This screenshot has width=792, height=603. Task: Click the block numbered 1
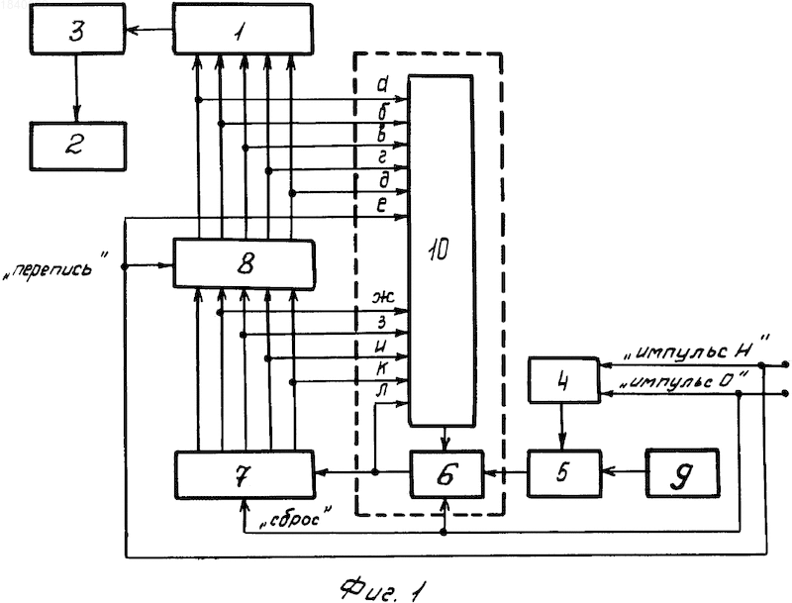click(x=243, y=29)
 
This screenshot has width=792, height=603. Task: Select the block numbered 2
click(x=77, y=147)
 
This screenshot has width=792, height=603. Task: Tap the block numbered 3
click(x=77, y=29)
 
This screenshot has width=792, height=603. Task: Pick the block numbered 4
click(x=563, y=380)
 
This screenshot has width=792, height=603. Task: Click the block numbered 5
click(x=564, y=473)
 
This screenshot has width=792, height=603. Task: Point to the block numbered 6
click(x=446, y=474)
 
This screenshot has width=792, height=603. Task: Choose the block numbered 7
click(x=244, y=474)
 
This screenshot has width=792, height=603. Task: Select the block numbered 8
click(x=244, y=263)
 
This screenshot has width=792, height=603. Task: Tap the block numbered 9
click(x=682, y=473)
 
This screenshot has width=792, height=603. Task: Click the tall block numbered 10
click(x=441, y=251)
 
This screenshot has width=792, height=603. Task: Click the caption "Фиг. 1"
click(x=383, y=589)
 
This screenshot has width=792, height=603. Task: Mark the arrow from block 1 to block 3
click(x=149, y=30)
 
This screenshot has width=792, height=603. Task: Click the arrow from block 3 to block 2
click(x=76, y=88)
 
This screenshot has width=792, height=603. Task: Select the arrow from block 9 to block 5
click(x=624, y=472)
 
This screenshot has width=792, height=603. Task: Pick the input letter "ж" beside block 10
click(x=383, y=296)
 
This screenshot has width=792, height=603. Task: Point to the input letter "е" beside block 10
click(x=382, y=205)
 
